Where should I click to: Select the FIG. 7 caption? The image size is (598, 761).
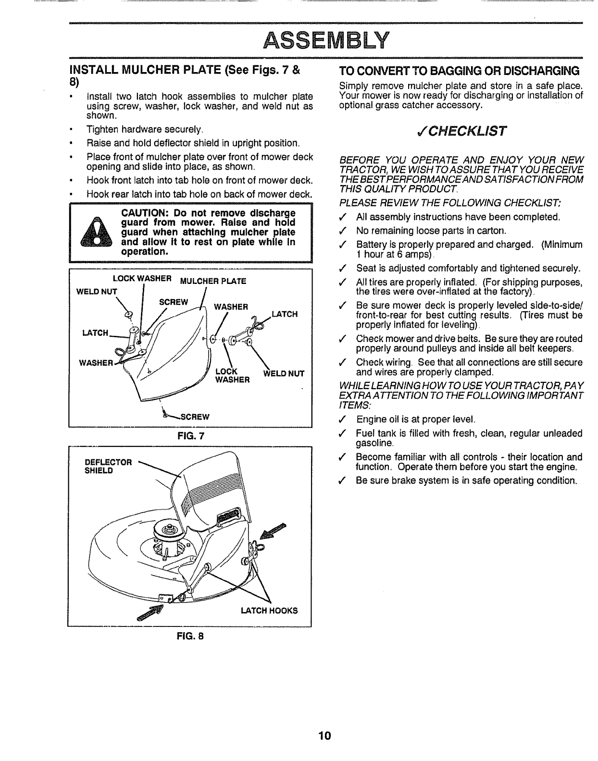click(x=191, y=436)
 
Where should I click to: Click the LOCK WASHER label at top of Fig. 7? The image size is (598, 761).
click(x=142, y=279)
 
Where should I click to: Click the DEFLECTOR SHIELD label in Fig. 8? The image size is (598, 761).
click(x=108, y=466)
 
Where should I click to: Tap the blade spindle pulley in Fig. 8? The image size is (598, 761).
click(x=168, y=529)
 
